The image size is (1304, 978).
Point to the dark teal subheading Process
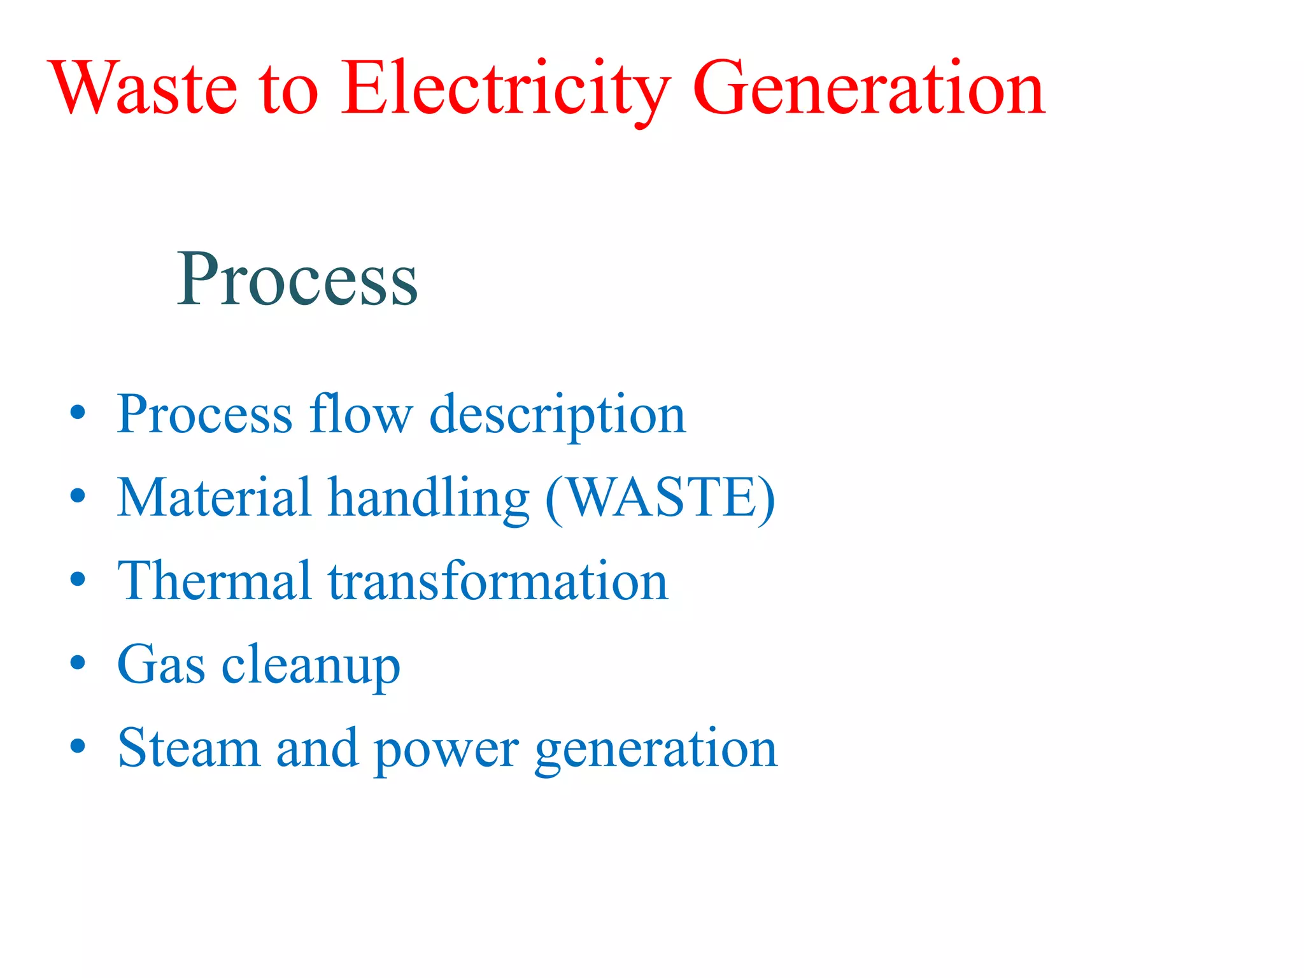297,279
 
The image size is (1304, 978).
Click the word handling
429,499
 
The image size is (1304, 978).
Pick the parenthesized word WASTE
661,498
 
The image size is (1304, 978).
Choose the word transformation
498,581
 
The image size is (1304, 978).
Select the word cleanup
311,666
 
